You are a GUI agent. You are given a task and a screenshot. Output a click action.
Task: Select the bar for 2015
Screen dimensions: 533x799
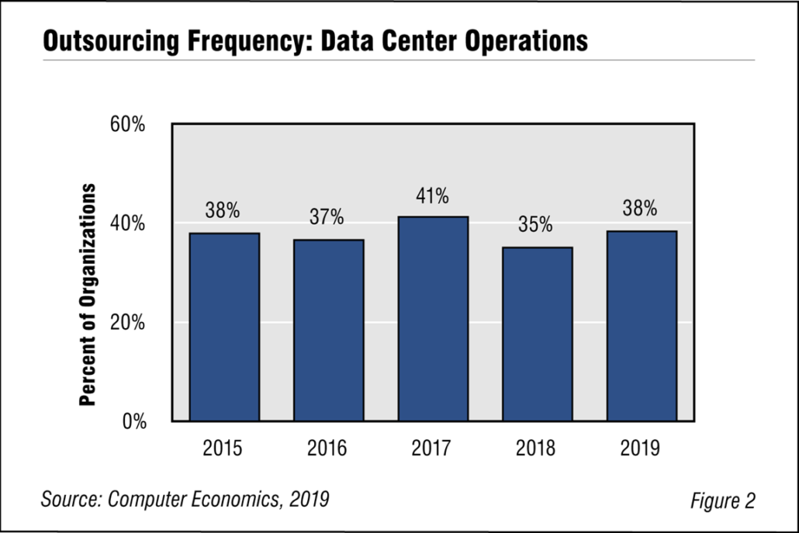tap(224, 327)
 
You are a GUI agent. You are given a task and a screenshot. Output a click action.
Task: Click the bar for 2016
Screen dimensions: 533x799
tap(328, 330)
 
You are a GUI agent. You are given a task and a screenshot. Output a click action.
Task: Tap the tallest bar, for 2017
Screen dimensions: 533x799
tap(433, 318)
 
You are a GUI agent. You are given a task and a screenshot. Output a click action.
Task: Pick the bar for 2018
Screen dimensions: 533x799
tap(537, 334)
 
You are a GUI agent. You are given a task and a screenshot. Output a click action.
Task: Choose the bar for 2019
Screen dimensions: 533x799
tap(642, 326)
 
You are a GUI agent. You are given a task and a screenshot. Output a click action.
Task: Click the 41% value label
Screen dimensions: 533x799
tap(431, 197)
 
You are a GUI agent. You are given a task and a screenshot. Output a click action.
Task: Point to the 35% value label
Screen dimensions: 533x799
tap(536, 226)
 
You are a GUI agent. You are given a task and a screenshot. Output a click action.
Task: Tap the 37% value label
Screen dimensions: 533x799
tap(327, 218)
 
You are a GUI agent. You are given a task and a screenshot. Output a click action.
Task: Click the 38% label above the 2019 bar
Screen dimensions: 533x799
tap(640, 209)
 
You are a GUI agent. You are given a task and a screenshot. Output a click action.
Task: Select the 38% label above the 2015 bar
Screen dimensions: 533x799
tap(223, 211)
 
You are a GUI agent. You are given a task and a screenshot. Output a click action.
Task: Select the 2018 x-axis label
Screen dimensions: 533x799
tap(537, 448)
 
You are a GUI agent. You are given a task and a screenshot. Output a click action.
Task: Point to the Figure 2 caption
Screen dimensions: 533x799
tap(722, 501)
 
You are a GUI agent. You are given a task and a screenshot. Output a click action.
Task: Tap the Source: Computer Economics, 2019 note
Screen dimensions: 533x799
tap(185, 499)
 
